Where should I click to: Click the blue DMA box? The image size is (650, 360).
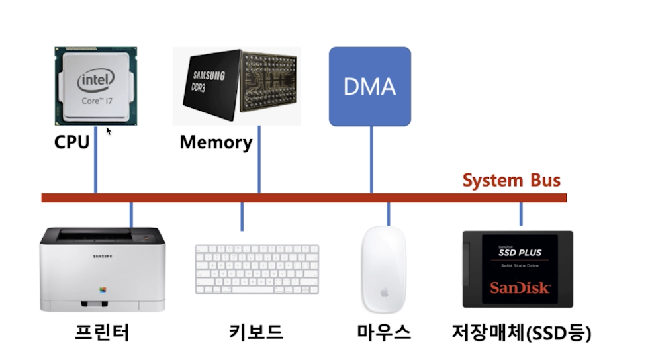pos(370,86)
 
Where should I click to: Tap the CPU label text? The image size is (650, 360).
pos(72,142)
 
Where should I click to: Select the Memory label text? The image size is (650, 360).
pos(216,142)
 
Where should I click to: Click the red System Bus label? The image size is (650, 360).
pos(511,181)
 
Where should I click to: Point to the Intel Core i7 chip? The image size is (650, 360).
pos(96,86)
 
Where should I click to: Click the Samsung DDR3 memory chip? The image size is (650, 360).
pos(236,86)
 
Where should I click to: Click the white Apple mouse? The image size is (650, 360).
pos(384,268)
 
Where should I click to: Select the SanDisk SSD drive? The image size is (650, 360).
pos(517,269)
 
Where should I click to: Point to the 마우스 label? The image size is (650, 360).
pos(383,332)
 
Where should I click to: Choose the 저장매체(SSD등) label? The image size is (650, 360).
pos(522,332)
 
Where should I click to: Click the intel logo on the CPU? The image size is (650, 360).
pos(96,82)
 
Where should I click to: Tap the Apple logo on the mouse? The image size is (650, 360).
pos(384,292)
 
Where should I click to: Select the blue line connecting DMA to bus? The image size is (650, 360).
pos(371,159)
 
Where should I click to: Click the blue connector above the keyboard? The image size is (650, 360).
pos(242,216)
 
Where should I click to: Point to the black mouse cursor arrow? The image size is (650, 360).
pos(109,131)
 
